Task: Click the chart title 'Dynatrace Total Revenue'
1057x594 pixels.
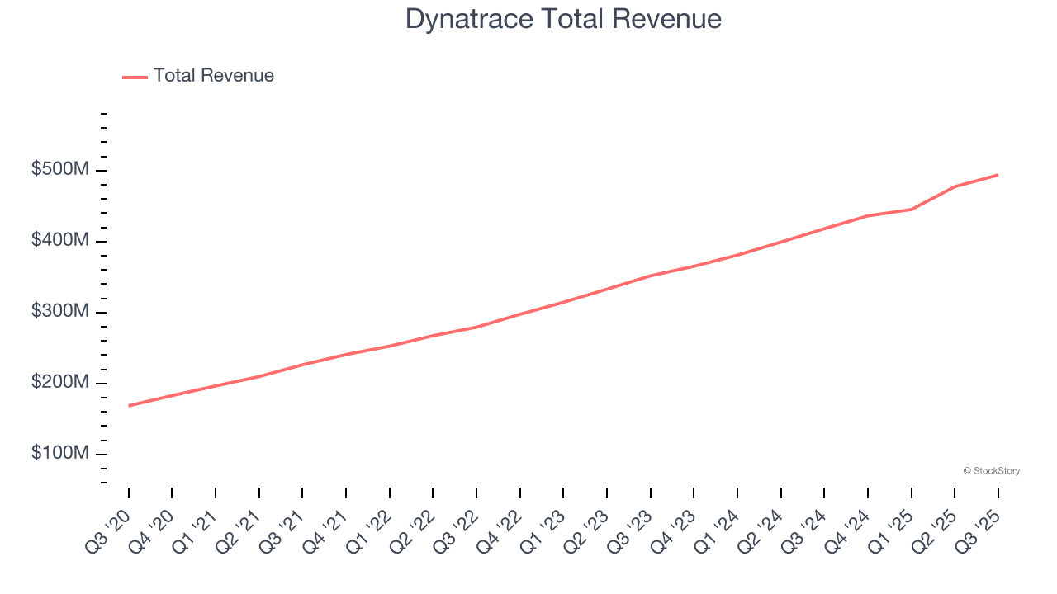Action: pos(563,19)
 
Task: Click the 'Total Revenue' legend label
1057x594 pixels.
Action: pos(213,76)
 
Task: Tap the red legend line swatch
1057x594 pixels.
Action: pos(135,77)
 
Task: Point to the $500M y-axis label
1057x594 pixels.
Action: pos(60,170)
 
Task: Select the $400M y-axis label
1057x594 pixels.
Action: pos(60,241)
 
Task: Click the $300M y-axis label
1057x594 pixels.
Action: pos(60,312)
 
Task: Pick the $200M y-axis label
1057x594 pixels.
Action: pos(60,383)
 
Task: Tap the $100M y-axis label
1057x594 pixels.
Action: pos(60,454)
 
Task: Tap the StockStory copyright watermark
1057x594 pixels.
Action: pos(991,471)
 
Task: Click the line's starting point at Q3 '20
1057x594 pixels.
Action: pos(129,406)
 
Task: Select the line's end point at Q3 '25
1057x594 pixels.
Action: pos(998,175)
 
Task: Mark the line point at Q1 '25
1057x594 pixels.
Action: pos(912,210)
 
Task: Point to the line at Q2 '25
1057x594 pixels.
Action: pos(955,186)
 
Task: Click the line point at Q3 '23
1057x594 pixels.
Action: pos(651,276)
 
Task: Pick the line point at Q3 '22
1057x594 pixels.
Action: pos(476,328)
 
